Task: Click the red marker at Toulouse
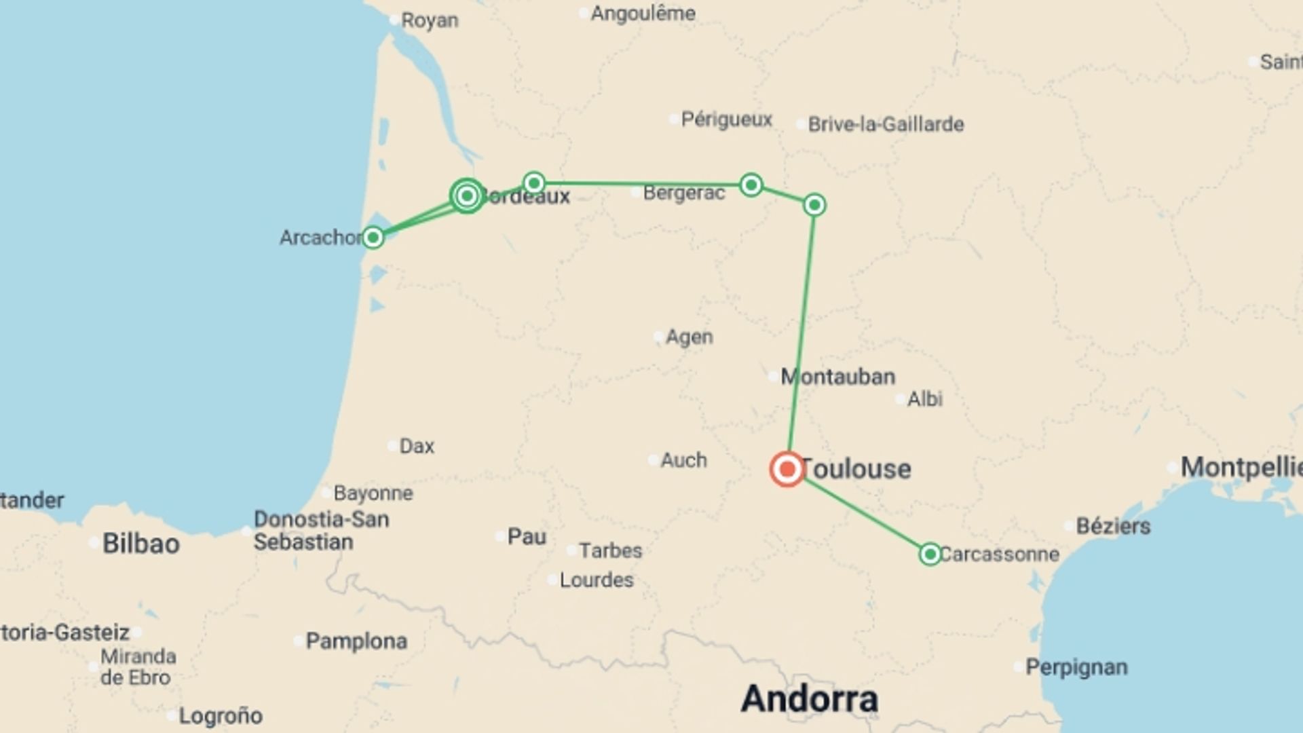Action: pyautogui.click(x=787, y=469)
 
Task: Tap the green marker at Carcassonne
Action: pyautogui.click(x=930, y=554)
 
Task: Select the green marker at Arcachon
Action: pyautogui.click(x=373, y=238)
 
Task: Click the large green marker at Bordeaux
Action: pyautogui.click(x=467, y=196)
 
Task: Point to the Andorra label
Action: pyautogui.click(x=809, y=698)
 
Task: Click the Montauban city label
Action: pyautogui.click(x=837, y=377)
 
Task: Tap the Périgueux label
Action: pyautogui.click(x=726, y=119)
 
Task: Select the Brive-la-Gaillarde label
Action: pyautogui.click(x=886, y=124)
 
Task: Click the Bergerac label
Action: pyautogui.click(x=683, y=193)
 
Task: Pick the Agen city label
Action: pyautogui.click(x=689, y=337)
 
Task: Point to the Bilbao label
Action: pyautogui.click(x=140, y=544)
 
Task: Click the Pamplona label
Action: pyautogui.click(x=356, y=641)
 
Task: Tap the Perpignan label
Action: pyautogui.click(x=1076, y=667)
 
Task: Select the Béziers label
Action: pyautogui.click(x=1113, y=526)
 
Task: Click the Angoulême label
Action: pyautogui.click(x=643, y=14)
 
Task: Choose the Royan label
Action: pyautogui.click(x=430, y=20)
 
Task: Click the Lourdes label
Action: pyautogui.click(x=596, y=580)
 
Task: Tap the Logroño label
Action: pyautogui.click(x=220, y=716)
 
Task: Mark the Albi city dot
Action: pyautogui.click(x=901, y=399)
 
